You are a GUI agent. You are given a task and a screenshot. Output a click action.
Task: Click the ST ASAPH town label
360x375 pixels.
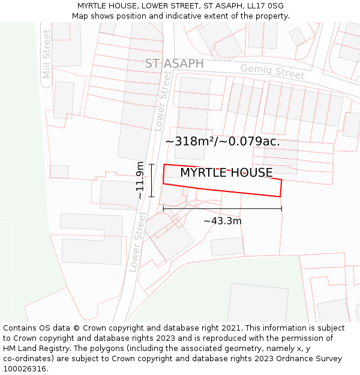click(174, 64)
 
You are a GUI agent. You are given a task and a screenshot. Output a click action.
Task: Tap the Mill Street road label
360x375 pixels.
click(47, 54)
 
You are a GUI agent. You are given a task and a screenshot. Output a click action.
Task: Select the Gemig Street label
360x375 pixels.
click(272, 72)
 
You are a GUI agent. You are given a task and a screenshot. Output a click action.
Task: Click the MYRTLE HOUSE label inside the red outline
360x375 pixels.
click(226, 173)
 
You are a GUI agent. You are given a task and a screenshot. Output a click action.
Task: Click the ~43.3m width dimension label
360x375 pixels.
click(223, 221)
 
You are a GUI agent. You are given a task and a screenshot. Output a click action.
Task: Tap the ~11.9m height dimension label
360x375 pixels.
click(140, 180)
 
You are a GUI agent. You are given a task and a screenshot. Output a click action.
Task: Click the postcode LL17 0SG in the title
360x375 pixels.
click(265, 6)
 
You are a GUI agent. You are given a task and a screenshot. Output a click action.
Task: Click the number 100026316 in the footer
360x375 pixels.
click(25, 368)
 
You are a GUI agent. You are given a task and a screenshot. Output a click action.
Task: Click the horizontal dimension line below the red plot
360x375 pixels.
click(222, 209)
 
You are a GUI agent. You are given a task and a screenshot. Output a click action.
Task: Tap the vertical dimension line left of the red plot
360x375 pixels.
click(151, 180)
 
